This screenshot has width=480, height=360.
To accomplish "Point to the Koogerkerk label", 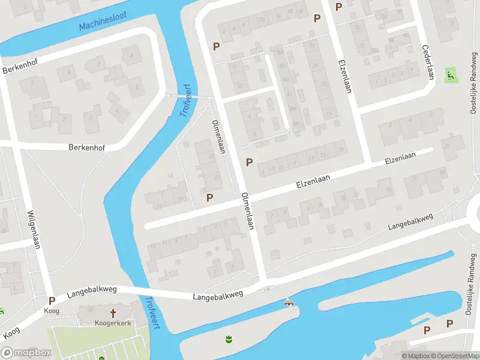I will pos(113,323).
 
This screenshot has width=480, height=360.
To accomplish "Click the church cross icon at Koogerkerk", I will pos(113,313).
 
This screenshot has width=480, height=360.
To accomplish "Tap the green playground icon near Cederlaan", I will pos(450,76).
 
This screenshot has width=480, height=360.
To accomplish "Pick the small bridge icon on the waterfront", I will pos(290,304).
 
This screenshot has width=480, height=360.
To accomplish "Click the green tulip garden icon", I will pos(228,341).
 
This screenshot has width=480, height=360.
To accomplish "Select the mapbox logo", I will pos(26,353).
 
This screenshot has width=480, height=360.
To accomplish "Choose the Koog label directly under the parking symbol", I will pos(52,311).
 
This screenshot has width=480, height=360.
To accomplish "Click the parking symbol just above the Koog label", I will pos(52,301).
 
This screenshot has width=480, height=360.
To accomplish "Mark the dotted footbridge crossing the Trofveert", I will pos(188,96).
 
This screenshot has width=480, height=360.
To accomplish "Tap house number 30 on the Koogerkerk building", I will pos(91,310).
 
